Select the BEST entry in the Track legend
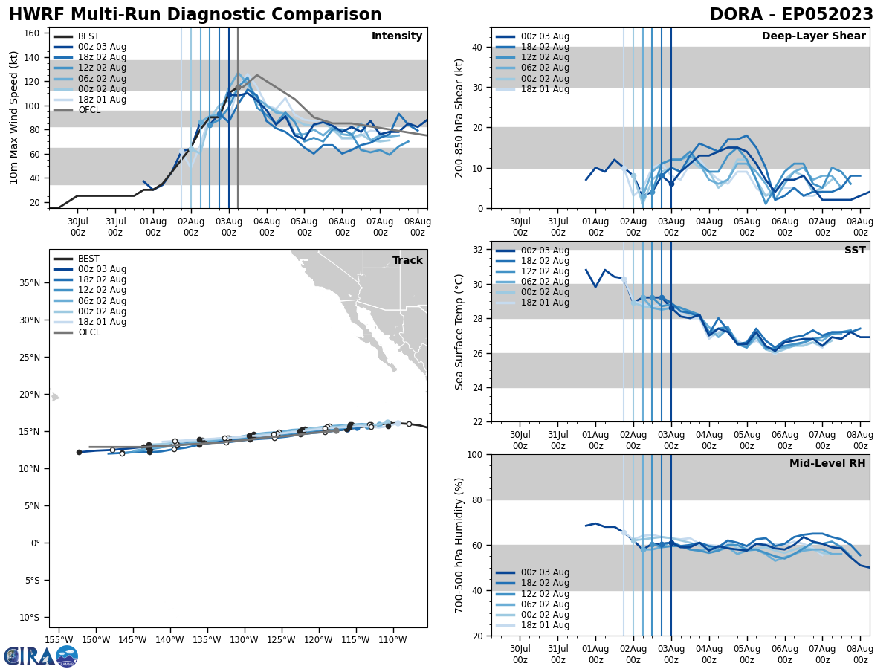click(88, 259)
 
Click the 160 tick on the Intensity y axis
click(33, 33)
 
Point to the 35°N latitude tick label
click(30, 283)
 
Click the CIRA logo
click(40, 656)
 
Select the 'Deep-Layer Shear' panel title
click(813, 36)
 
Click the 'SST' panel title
click(854, 251)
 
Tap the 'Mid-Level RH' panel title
click(827, 464)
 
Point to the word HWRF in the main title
click(35, 15)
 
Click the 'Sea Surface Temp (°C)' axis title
click(460, 332)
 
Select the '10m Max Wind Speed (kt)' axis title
click(14, 117)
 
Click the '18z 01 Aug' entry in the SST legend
click(544, 303)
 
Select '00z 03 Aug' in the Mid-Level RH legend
click(544, 572)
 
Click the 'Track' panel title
click(407, 260)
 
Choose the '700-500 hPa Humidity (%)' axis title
click(460, 545)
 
